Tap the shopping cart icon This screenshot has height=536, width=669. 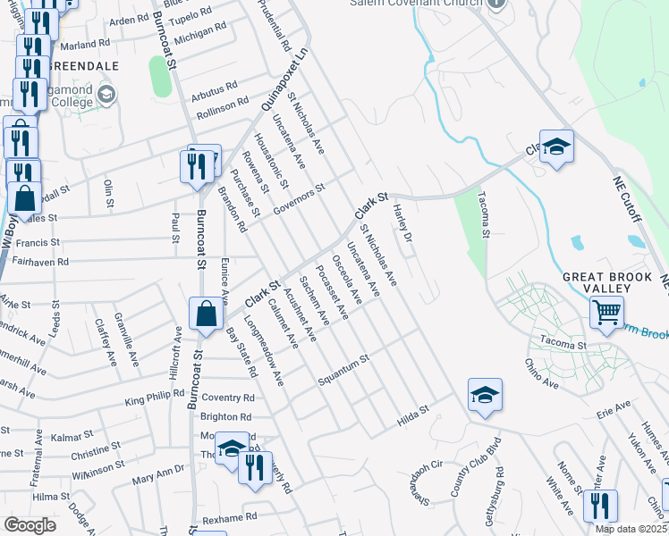(x=606, y=314)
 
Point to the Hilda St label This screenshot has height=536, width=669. (x=413, y=414)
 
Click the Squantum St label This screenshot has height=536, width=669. (x=343, y=371)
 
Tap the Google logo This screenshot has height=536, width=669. (x=30, y=525)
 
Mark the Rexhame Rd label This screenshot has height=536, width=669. (x=229, y=517)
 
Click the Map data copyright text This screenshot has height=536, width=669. (x=631, y=529)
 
